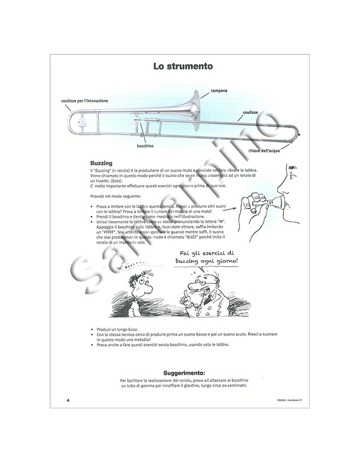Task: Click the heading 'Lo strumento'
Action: [x=181, y=67]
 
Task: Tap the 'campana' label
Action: [x=218, y=91]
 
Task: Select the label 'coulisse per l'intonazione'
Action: [x=84, y=101]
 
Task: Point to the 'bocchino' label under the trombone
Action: [x=145, y=145]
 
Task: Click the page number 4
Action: [x=68, y=400]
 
